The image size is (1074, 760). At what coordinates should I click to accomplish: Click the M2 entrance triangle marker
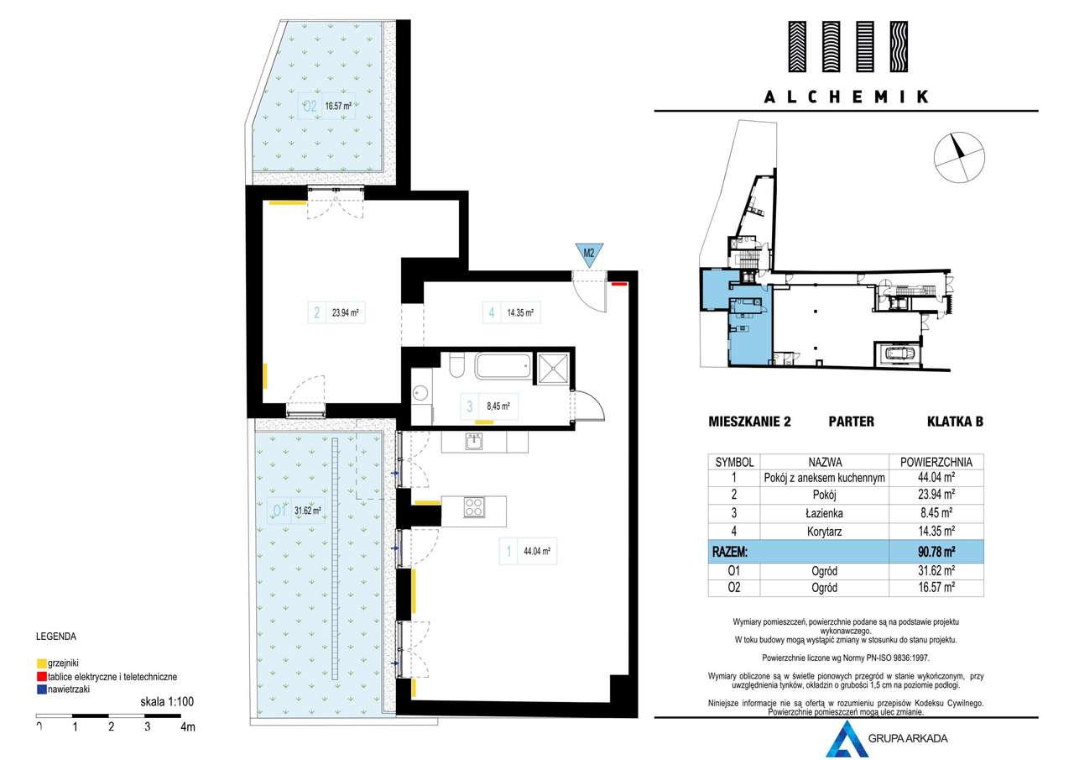click(589, 254)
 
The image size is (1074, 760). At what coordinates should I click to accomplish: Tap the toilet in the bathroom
click(457, 365)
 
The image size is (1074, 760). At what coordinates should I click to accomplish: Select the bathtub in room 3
click(503, 366)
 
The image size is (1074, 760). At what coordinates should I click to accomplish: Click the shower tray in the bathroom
click(553, 368)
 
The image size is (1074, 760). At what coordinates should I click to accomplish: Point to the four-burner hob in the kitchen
click(474, 507)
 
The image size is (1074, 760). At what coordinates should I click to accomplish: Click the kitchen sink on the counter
click(474, 441)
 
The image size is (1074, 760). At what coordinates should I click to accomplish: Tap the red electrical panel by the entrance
click(619, 284)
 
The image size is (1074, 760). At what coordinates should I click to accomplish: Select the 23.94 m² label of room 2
click(345, 313)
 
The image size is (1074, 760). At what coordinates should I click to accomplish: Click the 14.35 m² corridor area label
click(520, 313)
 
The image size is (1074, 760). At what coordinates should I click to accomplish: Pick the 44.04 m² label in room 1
click(536, 551)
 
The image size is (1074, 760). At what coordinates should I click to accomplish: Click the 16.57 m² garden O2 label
click(338, 106)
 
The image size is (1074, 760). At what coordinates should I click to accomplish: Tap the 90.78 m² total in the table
click(936, 552)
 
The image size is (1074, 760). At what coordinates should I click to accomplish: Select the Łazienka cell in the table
click(824, 513)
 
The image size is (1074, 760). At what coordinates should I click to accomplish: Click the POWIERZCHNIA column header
click(936, 463)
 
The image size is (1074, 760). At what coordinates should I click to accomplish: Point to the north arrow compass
click(959, 157)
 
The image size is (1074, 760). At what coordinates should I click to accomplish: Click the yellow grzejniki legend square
click(42, 664)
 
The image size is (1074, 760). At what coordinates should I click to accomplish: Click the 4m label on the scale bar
click(188, 727)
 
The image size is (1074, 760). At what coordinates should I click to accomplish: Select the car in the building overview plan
click(897, 354)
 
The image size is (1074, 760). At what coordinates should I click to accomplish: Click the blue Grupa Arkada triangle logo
click(847, 740)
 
